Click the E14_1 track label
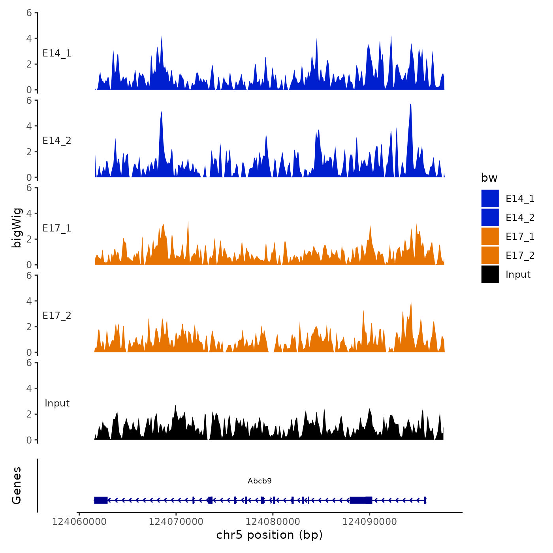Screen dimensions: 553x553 (x=57, y=53)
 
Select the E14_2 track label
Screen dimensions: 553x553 (x=57, y=141)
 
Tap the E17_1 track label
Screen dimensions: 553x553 (x=57, y=228)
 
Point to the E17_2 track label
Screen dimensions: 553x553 (x=57, y=316)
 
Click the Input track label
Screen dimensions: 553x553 (x=57, y=403)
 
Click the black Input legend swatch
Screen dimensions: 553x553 (x=490, y=274)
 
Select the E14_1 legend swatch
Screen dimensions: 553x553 (x=490, y=198)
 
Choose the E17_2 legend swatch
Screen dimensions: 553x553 (x=490, y=255)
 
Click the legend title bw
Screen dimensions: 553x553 (x=489, y=178)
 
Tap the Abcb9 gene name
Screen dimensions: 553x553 (x=260, y=481)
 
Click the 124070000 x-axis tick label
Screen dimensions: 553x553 (x=176, y=522)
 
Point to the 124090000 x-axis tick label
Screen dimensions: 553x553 (x=369, y=522)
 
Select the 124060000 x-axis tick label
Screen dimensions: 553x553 (x=79, y=522)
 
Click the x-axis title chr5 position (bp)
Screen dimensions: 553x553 (x=269, y=535)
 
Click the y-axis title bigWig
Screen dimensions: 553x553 (x=17, y=228)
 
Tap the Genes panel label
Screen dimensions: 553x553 (x=17, y=485)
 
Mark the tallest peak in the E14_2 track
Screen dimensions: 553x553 (x=411, y=104)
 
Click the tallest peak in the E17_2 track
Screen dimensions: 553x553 (x=411, y=303)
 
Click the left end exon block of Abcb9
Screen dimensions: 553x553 (x=101, y=500)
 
